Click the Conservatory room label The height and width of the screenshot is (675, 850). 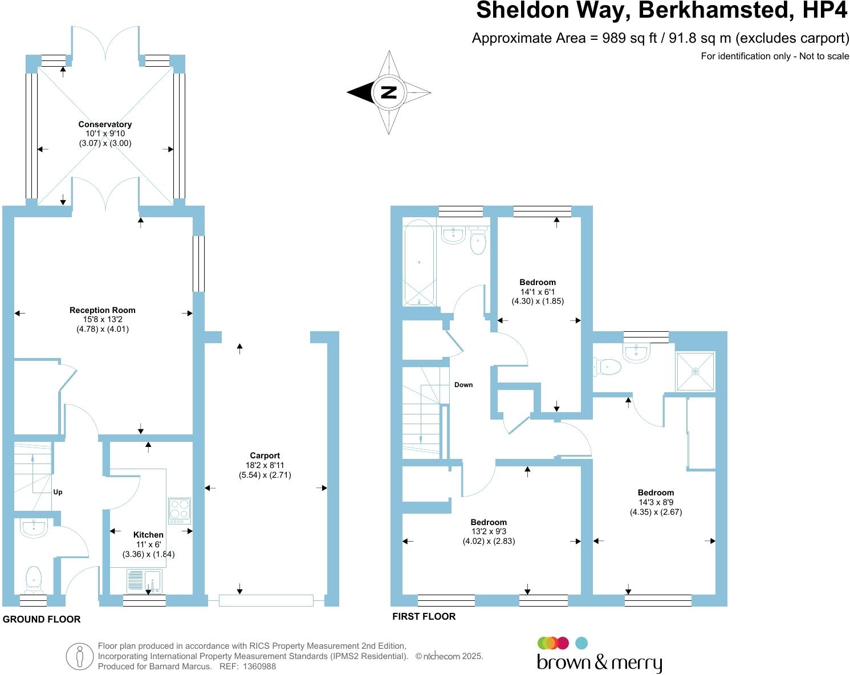(x=105, y=124)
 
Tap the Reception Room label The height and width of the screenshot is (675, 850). (x=103, y=310)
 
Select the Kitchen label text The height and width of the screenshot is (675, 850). (x=148, y=535)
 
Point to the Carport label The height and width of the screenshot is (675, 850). (x=265, y=456)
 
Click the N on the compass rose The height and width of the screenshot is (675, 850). (x=389, y=92)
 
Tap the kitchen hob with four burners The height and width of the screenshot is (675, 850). (x=180, y=511)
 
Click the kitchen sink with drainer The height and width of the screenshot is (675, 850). (x=144, y=580)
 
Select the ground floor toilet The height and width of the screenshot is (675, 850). (x=34, y=577)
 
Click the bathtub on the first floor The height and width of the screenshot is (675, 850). (x=419, y=262)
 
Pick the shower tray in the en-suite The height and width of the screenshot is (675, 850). (x=695, y=372)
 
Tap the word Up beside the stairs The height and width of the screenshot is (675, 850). (x=58, y=492)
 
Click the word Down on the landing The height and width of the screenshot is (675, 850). (x=463, y=385)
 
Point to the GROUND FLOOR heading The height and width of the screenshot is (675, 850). (x=42, y=619)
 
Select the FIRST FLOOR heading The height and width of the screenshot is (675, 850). (x=424, y=616)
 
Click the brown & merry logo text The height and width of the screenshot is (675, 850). (x=599, y=663)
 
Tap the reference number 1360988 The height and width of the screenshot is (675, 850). (x=259, y=666)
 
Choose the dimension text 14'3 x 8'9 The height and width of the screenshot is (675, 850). (x=656, y=502)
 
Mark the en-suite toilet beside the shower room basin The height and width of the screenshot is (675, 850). (x=608, y=367)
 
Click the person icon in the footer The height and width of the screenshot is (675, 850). (x=79, y=657)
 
